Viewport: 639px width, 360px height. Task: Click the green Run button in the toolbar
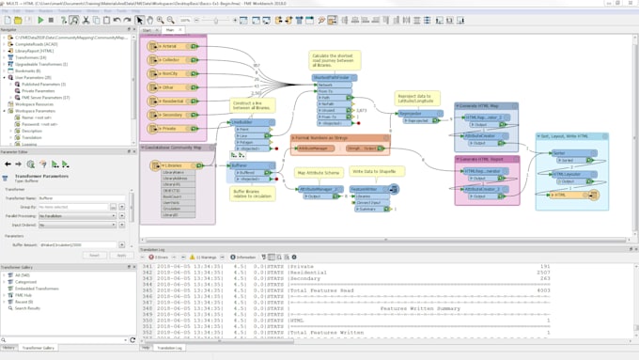40,20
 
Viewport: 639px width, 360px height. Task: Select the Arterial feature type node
170,45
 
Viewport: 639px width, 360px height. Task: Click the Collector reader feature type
170,59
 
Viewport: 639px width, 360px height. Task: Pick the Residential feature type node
170,101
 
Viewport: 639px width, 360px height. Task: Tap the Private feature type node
170,128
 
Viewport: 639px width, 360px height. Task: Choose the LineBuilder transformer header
242,121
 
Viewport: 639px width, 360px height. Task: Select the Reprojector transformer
411,113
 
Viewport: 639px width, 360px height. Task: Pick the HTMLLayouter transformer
566,174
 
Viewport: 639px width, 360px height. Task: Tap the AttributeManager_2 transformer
316,189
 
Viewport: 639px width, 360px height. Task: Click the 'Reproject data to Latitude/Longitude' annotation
418,99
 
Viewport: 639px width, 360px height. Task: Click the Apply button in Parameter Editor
120,255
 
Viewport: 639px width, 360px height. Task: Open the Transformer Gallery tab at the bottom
39,348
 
